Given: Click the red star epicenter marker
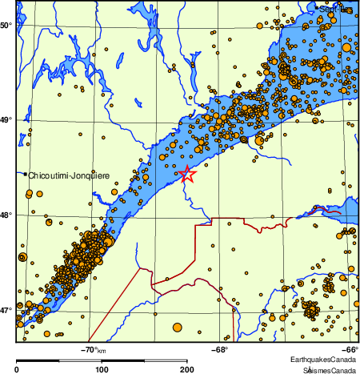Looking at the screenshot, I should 186,174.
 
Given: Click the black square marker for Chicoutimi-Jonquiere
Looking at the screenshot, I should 25,174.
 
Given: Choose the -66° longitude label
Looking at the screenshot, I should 350,349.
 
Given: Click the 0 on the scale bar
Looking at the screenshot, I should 17,369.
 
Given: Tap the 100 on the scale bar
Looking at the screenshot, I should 102,369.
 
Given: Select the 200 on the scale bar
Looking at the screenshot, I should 186,369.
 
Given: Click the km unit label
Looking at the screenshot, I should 102,350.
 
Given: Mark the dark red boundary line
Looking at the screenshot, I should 196,240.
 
